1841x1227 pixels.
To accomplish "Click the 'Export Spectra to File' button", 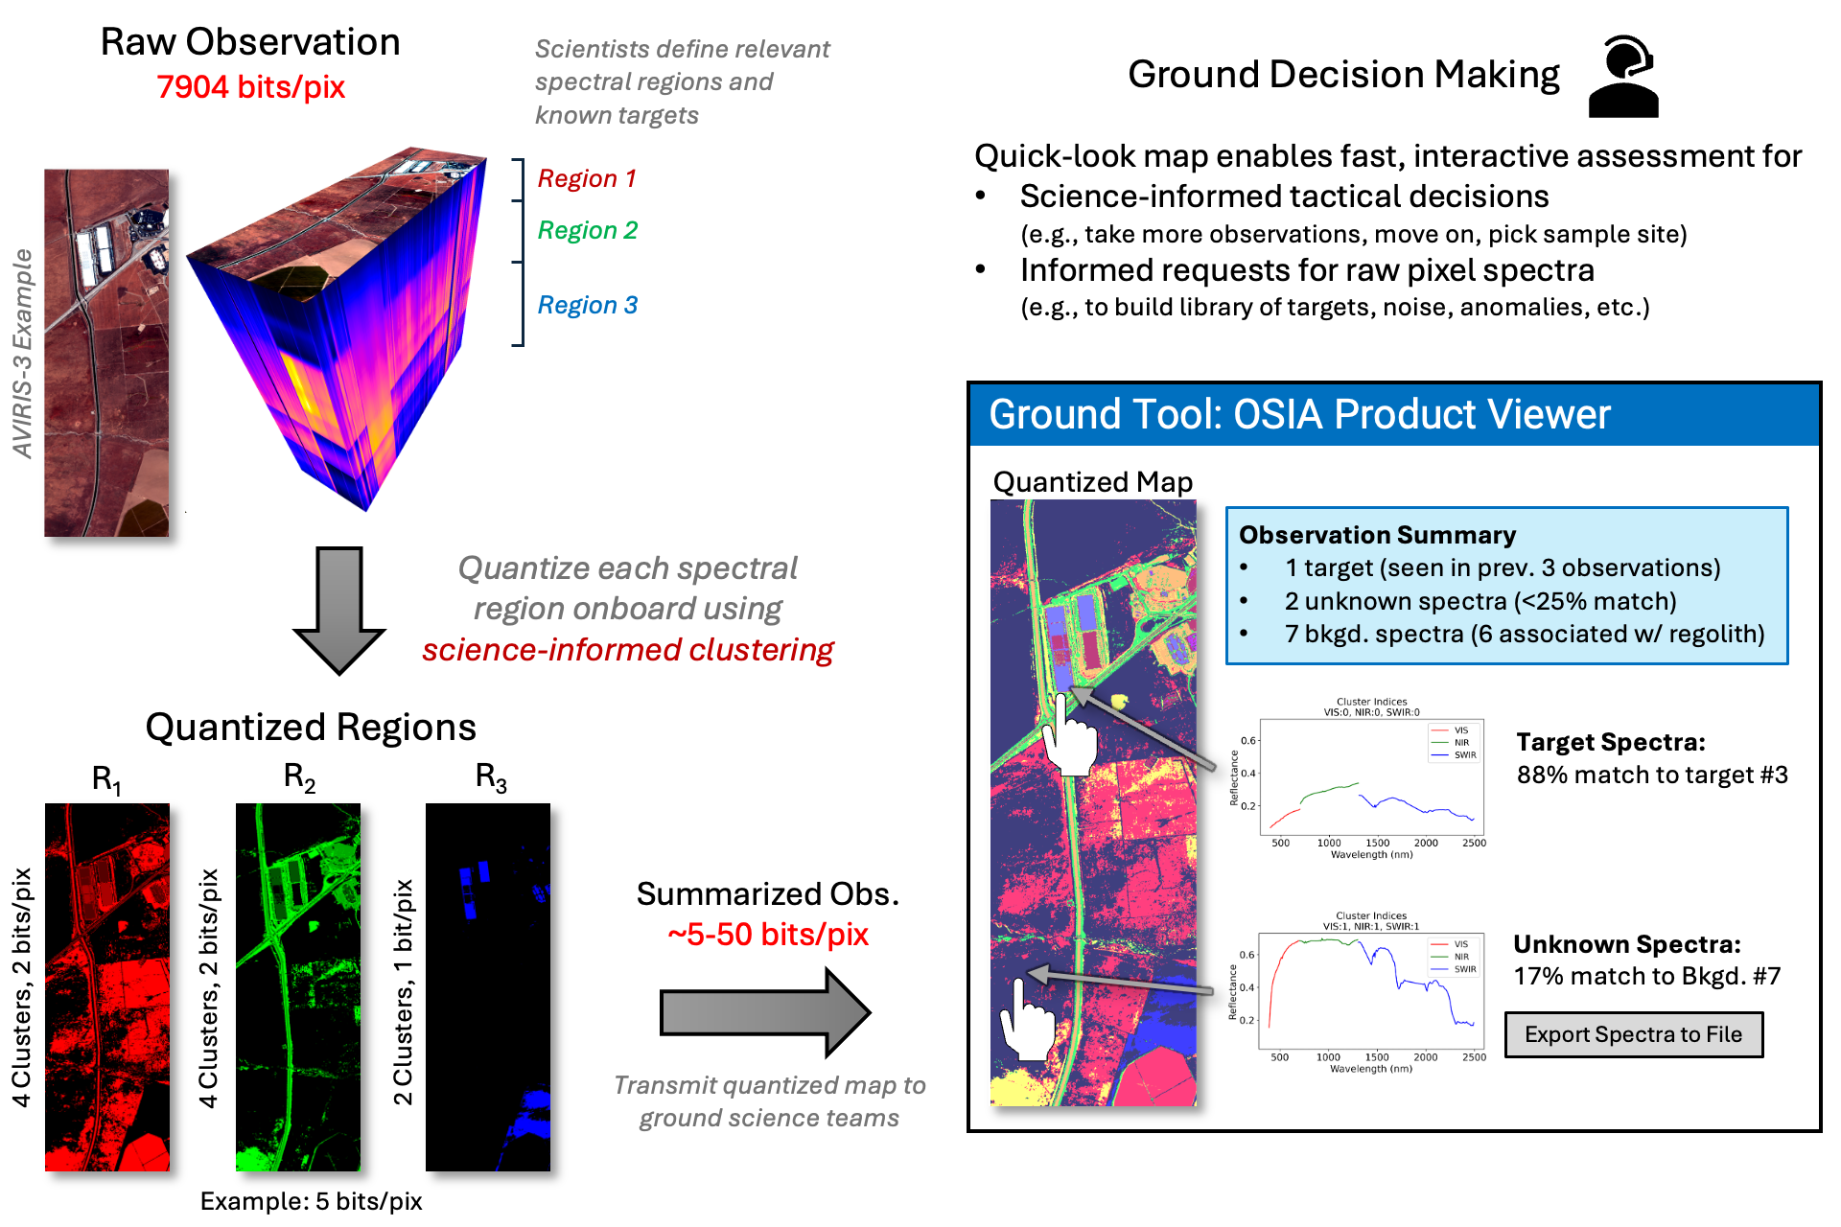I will (1633, 1035).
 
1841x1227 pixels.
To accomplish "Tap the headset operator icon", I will (1623, 77).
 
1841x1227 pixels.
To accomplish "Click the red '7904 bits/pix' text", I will (250, 87).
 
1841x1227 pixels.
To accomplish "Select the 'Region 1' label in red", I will (587, 179).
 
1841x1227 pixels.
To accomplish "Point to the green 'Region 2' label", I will (587, 231).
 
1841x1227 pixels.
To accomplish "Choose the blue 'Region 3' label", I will (587, 306).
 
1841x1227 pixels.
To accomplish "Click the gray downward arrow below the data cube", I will (339, 609).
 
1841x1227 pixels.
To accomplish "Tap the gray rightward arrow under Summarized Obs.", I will (764, 1012).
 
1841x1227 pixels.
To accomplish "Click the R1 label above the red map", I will (106, 779).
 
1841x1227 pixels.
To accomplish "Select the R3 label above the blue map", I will (490, 777).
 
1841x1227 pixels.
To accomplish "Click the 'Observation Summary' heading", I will (1377, 535).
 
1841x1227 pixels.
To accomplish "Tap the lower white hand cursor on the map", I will (1025, 1022).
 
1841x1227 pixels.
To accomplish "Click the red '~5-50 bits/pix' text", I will (768, 935).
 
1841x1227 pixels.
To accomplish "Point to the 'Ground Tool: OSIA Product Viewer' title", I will (1299, 415).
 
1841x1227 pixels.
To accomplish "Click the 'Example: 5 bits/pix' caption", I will (311, 1201).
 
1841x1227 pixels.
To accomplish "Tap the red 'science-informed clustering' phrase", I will (628, 650).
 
